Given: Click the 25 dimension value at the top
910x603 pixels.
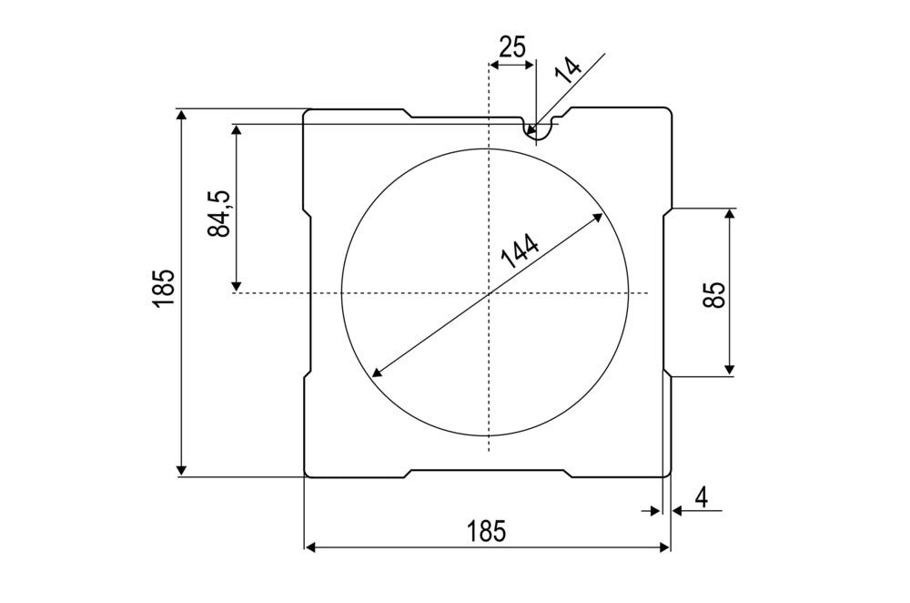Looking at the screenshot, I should point(512,47).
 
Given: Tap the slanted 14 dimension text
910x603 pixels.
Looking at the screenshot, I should point(570,71).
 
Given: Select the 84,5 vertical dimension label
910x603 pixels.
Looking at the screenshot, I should point(219,214).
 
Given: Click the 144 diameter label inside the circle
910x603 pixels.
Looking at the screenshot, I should point(520,250).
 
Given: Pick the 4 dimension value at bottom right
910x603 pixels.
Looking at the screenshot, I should point(701,497).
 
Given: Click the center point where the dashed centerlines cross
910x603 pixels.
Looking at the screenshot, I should point(490,292).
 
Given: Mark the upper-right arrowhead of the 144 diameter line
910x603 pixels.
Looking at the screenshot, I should point(598,216).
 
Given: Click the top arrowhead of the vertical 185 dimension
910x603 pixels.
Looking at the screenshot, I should point(182,114).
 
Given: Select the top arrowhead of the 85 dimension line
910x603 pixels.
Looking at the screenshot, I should point(729,214).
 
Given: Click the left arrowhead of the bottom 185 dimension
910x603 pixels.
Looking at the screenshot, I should point(309,547).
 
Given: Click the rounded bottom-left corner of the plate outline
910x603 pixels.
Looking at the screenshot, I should point(307,473).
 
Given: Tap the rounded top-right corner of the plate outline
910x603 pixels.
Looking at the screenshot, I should point(667,112).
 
